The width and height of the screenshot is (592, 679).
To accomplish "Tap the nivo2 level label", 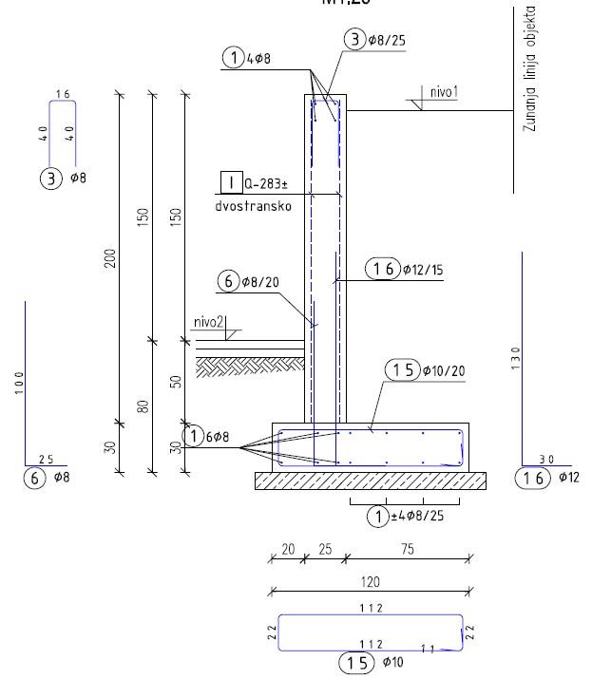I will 208,323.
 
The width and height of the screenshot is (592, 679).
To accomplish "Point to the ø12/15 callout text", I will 422,270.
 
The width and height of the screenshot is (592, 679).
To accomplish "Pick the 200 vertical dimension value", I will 110,258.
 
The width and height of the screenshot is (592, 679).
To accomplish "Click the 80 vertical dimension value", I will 143,406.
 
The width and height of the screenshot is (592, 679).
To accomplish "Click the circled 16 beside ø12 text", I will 529,477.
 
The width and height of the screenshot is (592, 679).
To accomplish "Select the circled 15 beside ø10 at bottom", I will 357,662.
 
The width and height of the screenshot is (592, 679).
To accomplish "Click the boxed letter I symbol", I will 228,182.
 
